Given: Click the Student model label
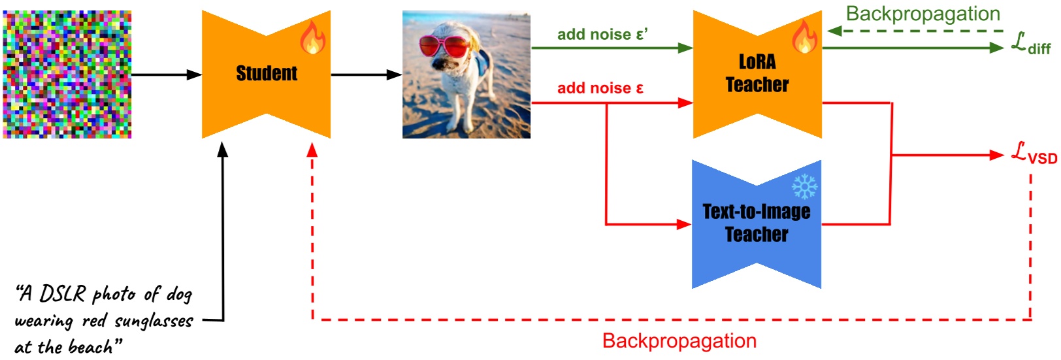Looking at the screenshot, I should click(266, 73).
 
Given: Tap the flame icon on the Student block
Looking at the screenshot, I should click(312, 37).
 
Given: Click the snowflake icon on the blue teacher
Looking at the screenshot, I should click(804, 186).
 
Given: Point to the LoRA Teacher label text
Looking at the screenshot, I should click(757, 73).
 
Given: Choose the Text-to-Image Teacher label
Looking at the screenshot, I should click(757, 223).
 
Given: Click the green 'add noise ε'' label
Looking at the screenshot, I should click(602, 35).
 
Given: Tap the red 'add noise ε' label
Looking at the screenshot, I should click(600, 88).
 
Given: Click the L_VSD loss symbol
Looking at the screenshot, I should click(1034, 154).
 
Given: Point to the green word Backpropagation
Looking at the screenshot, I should click(922, 14).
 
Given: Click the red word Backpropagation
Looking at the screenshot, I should click(679, 341).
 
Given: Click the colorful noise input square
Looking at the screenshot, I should click(67, 74).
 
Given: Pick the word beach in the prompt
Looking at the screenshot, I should click(91, 347).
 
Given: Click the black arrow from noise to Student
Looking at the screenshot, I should click(167, 74).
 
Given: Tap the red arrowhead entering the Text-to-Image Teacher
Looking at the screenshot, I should click(683, 224).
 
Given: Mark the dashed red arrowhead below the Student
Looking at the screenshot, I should click(312, 150).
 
